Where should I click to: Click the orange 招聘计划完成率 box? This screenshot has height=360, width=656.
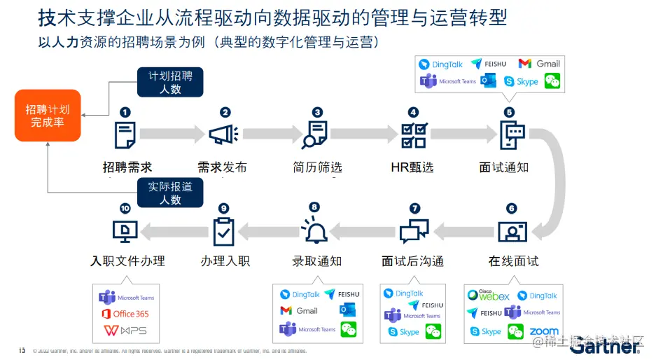48,116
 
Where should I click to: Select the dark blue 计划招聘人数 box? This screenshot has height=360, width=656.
170,82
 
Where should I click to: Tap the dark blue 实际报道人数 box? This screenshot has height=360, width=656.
170,193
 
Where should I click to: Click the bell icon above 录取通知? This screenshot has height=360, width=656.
314,230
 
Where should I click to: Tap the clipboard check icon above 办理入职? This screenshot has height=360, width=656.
223,230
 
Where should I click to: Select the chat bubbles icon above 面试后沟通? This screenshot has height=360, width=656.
414,230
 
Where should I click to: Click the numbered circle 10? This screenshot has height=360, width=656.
125,208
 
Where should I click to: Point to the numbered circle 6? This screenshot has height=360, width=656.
511,208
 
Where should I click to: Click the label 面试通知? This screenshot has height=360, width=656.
503,167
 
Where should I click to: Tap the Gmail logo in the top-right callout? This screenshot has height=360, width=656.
540,64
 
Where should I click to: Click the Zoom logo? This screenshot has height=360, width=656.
544,331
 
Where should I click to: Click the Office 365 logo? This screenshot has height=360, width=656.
125,314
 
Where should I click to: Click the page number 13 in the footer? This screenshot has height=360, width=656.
22,349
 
